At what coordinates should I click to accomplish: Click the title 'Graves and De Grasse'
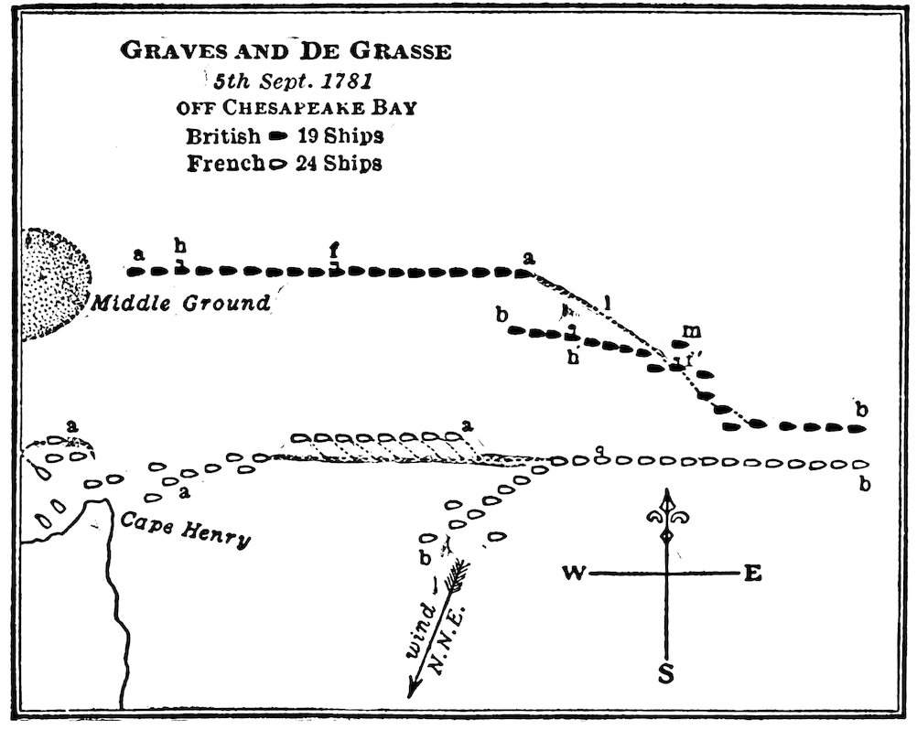[x=286, y=52]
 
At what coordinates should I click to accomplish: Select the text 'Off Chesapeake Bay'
[x=297, y=107]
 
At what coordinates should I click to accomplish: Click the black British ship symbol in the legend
[x=274, y=136]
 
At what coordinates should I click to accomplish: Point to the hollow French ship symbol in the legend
[x=274, y=166]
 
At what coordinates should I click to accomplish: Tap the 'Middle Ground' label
[x=180, y=303]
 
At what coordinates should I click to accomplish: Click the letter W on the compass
[x=574, y=574]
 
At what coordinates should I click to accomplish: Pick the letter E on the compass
[x=752, y=574]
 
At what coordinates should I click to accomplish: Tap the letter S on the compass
[x=666, y=675]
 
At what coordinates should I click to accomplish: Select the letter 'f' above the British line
[x=335, y=249]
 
